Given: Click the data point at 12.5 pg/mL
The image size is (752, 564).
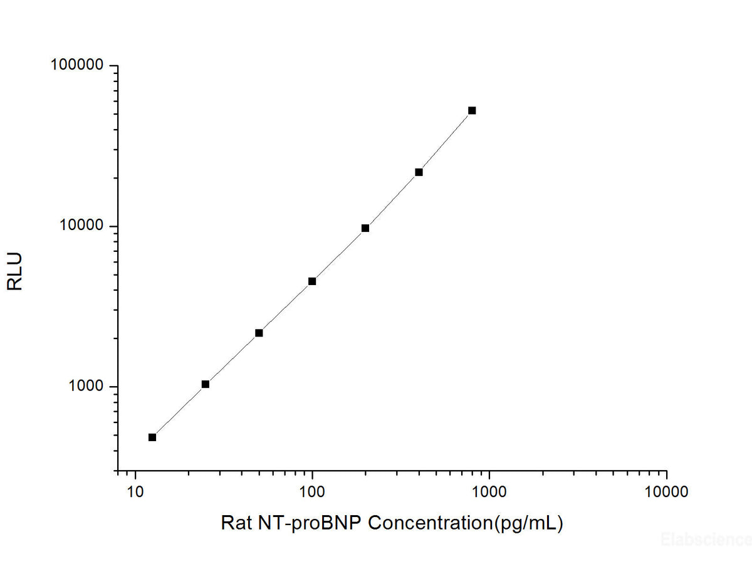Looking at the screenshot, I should (x=152, y=437).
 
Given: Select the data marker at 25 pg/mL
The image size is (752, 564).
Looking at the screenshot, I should (x=206, y=384).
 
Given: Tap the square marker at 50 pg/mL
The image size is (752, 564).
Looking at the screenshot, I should (x=259, y=333).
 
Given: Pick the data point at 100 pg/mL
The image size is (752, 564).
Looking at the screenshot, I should (x=312, y=281).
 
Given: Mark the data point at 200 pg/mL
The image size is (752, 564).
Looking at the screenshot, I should (x=365, y=228).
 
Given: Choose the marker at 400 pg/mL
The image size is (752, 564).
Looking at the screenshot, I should (x=419, y=172).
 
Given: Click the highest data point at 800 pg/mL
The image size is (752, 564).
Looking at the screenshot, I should (x=472, y=110).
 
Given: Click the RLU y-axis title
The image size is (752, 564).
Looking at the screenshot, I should (x=15, y=271).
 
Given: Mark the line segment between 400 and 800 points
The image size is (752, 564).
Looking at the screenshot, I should (x=446, y=142).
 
